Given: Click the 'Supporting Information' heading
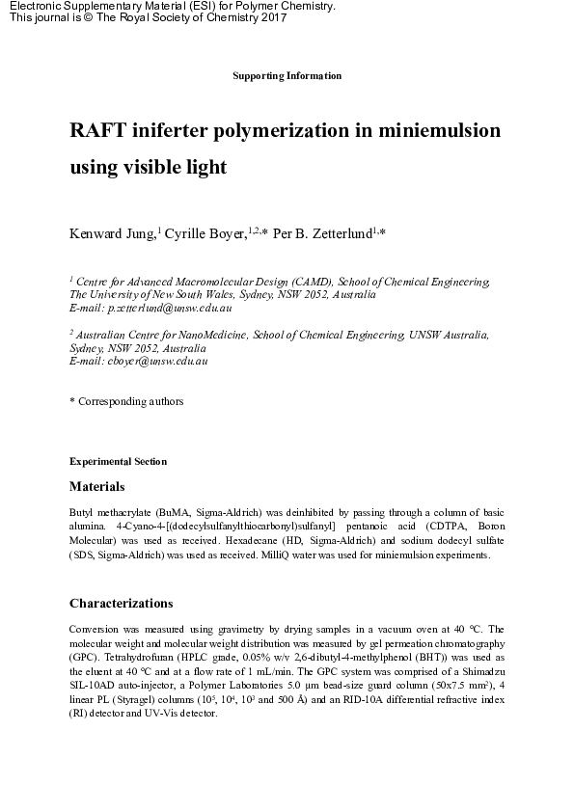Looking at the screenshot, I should pyautogui.click(x=287, y=75).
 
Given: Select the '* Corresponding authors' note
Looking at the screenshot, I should pyautogui.click(x=126, y=401).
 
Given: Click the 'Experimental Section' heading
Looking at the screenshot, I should pyautogui.click(x=118, y=461).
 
